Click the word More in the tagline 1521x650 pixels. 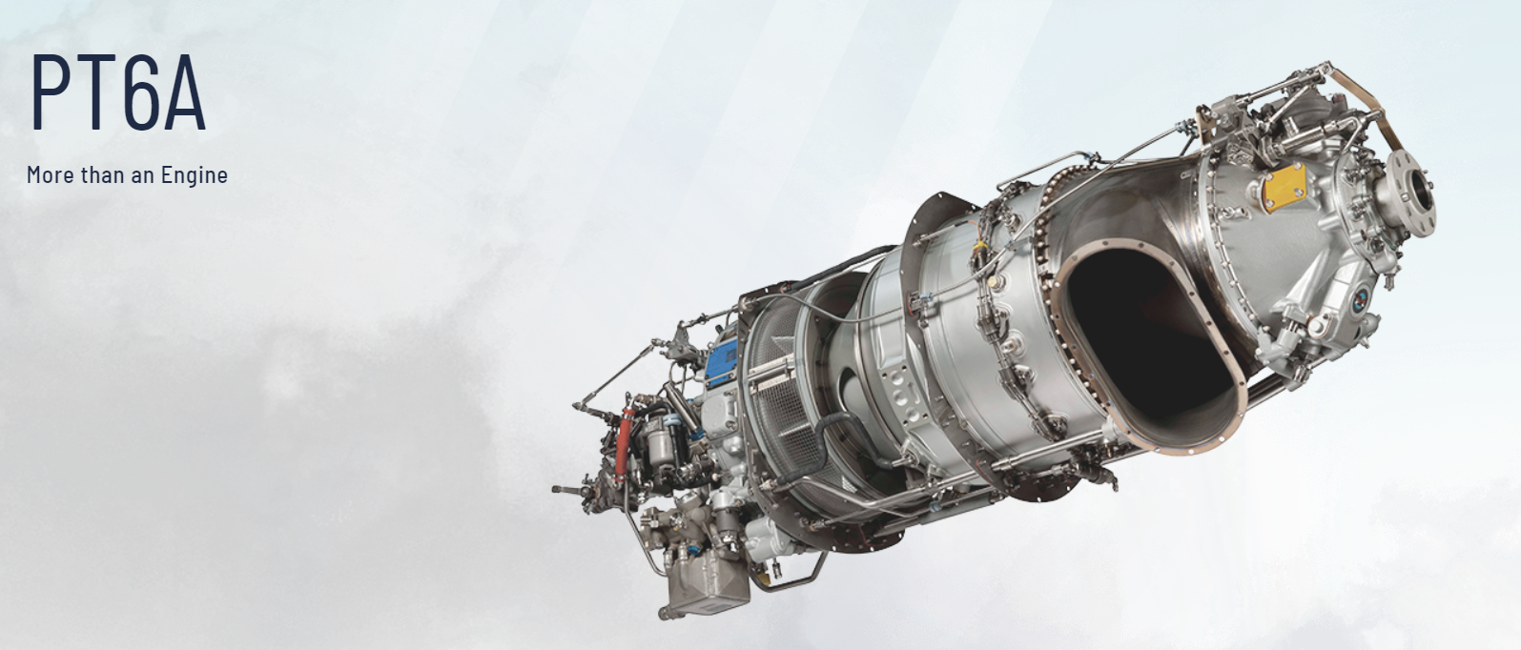pyautogui.click(x=51, y=175)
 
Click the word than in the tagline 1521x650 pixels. pyautogui.click(x=103, y=175)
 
